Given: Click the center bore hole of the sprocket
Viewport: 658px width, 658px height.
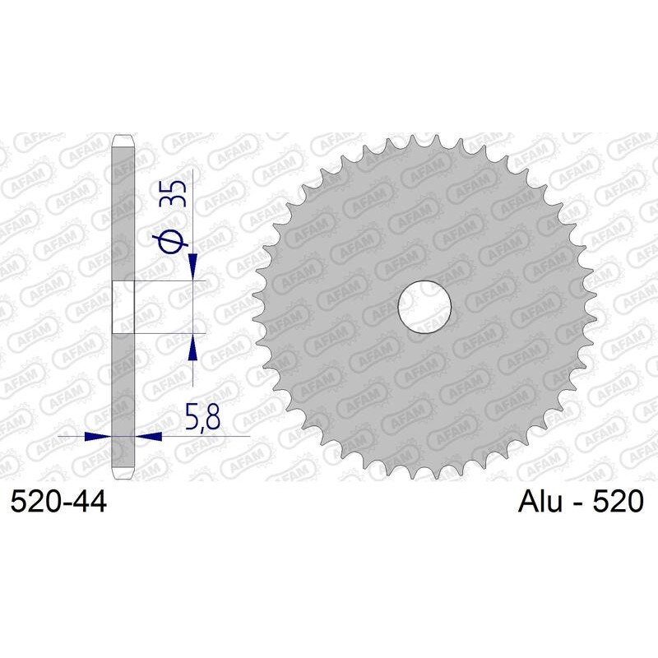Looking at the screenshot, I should click(425, 308).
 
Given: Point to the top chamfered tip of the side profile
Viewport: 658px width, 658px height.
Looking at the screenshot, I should click(122, 138).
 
